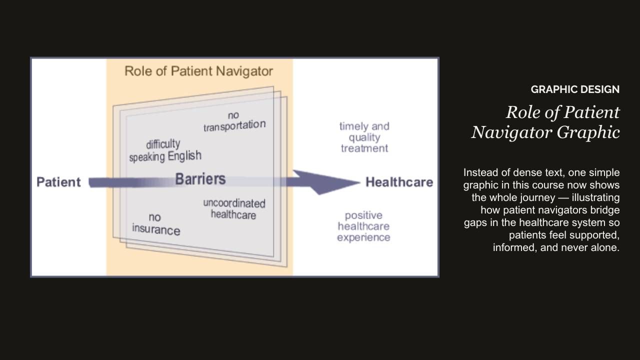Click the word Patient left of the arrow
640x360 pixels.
(x=58, y=182)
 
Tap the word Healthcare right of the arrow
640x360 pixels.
(x=399, y=182)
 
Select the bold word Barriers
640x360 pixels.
(x=200, y=179)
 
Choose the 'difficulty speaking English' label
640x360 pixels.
(x=165, y=150)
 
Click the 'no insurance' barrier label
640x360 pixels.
(x=155, y=224)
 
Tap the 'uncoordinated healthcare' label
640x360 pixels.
(x=234, y=209)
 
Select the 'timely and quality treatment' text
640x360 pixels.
(x=364, y=137)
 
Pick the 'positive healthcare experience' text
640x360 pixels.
(x=363, y=226)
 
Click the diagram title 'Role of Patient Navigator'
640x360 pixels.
(x=198, y=71)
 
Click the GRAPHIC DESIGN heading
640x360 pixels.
(x=575, y=89)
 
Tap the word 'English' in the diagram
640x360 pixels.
(x=184, y=156)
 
